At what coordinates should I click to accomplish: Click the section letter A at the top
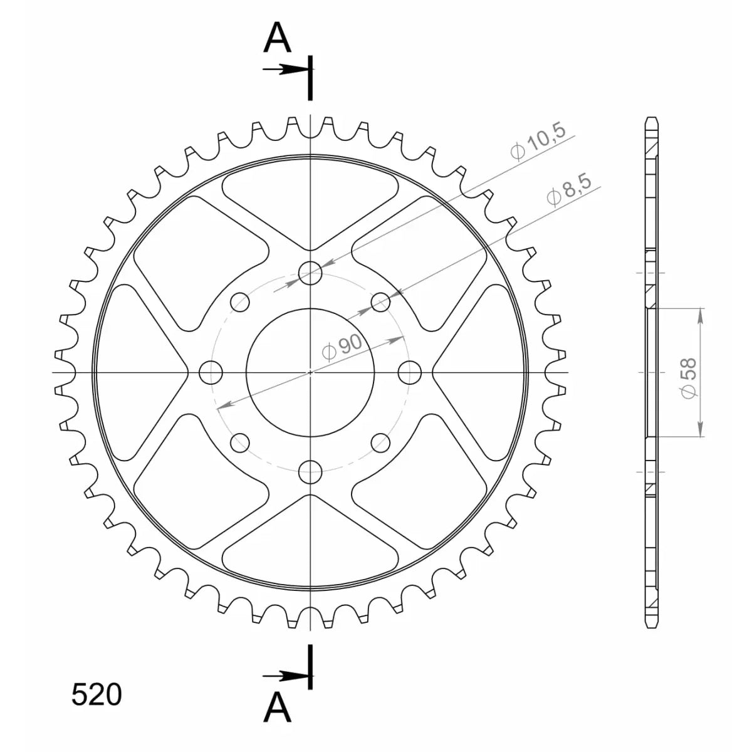278,39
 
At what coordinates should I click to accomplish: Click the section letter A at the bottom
278,710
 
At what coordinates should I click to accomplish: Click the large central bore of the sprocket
310,373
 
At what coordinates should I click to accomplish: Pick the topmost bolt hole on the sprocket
310,273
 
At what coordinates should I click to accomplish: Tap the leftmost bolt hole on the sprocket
211,373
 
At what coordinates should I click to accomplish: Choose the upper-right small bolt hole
380,302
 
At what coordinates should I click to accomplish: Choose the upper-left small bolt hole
240,302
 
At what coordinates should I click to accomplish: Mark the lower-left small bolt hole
240,443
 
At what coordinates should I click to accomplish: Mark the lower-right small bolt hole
380,443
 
